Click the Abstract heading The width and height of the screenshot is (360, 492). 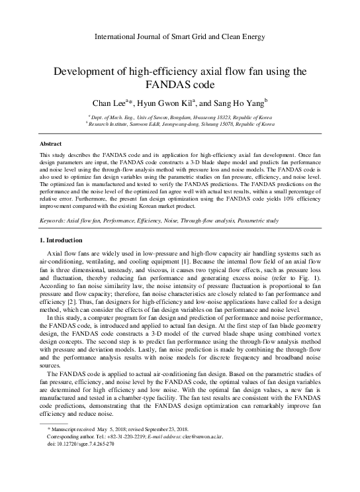51,144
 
